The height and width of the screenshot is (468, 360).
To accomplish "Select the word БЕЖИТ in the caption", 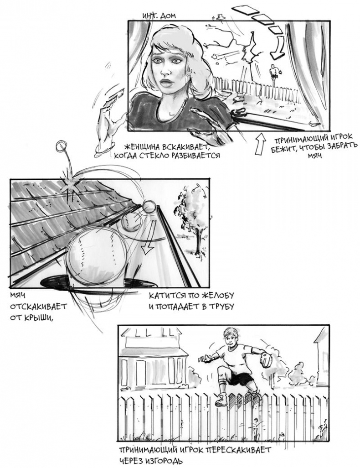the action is pyautogui.click(x=286, y=146).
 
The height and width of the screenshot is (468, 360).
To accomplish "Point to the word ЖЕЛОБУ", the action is pyautogui.click(x=217, y=295).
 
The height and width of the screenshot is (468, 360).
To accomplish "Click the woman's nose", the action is pyautogui.click(x=165, y=69).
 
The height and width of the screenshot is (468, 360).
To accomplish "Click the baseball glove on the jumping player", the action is pyautogui.click(x=266, y=358).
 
